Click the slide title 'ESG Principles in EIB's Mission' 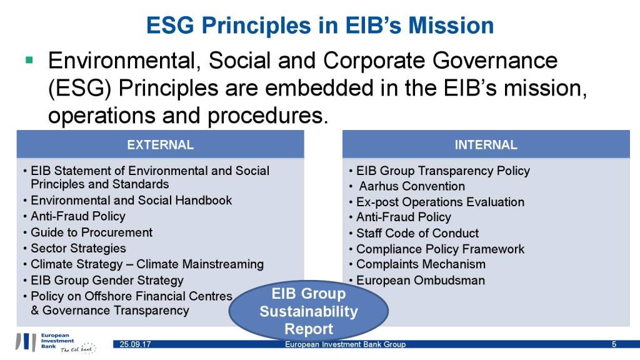click(320, 25)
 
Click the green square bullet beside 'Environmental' click(29, 61)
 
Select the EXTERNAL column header click(161, 144)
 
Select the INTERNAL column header click(486, 144)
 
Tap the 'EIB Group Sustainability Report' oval click(309, 311)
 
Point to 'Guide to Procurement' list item click(91, 232)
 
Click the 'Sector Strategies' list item click(78, 248)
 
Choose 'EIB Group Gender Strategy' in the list click(107, 281)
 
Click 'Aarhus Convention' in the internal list click(412, 186)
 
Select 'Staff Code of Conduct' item click(417, 233)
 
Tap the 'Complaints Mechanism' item click(421, 264)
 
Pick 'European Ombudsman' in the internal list click(421, 281)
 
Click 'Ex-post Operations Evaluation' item click(441, 202)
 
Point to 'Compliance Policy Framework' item click(441, 249)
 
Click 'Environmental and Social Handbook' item click(131, 200)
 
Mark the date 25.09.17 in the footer click(135, 344)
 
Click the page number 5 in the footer click(614, 344)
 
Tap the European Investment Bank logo click(56, 342)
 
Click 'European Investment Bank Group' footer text click(345, 344)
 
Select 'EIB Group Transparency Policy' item click(443, 171)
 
